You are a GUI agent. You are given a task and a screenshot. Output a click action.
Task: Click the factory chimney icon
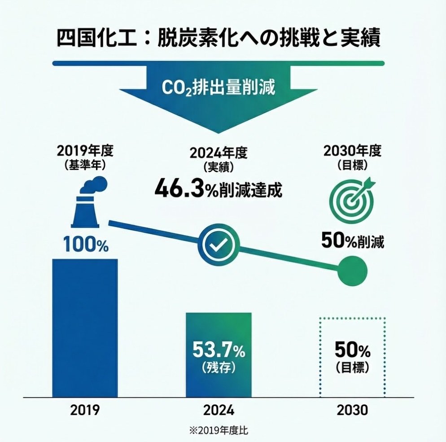pos(88,204)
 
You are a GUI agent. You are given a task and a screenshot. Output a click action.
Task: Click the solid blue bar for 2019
pos(85,328)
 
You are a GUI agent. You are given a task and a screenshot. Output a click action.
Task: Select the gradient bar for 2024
pos(219,354)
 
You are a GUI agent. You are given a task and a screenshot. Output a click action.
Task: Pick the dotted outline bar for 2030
pos(352,357)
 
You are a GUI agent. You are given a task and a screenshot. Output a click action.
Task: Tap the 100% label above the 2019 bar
pos(86,245)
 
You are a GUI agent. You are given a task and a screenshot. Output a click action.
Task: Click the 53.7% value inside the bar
pos(219,350)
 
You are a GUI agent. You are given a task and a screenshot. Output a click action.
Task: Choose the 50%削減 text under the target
pos(352,241)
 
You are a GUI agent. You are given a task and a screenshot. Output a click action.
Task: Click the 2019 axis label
pos(85,410)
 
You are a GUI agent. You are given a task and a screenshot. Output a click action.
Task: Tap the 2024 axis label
pos(219,410)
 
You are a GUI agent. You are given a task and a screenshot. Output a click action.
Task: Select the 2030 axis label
pos(352,410)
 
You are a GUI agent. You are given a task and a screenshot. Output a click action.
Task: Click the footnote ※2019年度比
pos(219,430)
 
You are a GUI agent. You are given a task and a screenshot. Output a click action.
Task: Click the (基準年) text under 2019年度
pos(85,165)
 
